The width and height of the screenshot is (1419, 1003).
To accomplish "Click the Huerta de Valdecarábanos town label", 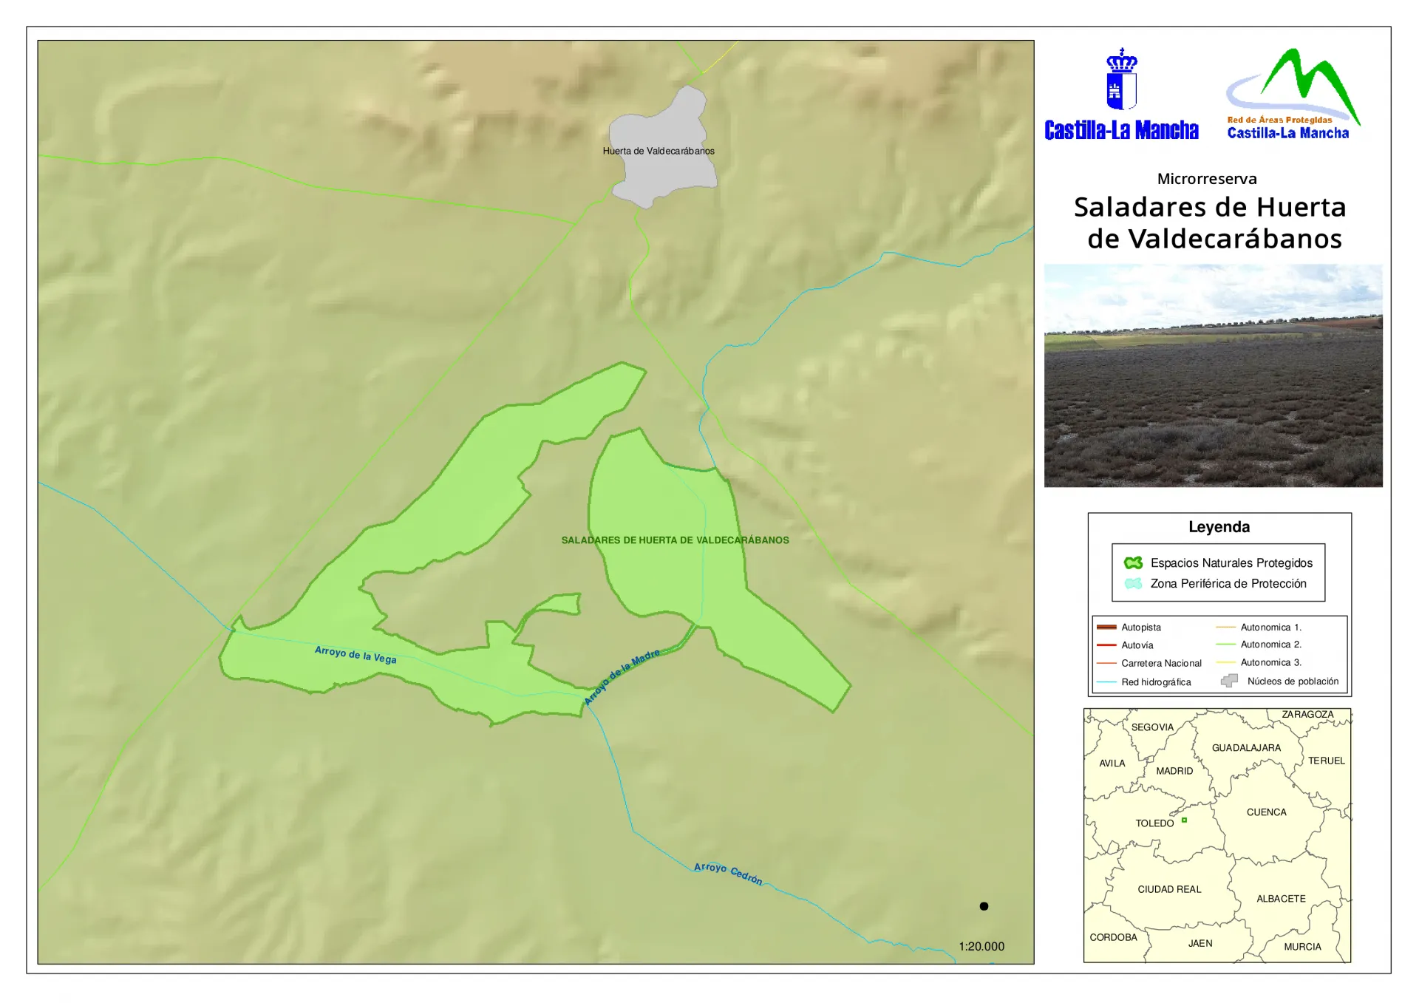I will pos(658,151).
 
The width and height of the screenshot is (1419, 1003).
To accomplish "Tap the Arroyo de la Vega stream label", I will pos(355,654).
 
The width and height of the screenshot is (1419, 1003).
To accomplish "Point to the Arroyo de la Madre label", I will pos(622,677).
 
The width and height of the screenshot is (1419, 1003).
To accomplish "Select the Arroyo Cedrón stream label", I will pos(727,873).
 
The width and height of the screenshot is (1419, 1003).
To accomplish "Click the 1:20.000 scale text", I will pos(981,946).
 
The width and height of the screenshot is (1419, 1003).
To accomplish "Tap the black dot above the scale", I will pos(984,906).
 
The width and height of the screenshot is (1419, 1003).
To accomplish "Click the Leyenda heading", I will pos(1219,527).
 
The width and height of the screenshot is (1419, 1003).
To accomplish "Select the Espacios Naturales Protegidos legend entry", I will pos(1231,563).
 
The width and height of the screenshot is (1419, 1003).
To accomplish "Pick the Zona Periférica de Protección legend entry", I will pos(1228,584).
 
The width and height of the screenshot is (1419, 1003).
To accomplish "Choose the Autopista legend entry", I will pos(1140,628).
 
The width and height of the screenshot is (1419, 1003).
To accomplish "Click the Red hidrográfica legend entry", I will pos(1155,682).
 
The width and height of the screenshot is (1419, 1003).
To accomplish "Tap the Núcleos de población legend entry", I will pos(1292,681).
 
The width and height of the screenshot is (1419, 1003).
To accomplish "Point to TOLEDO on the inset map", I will pos(1154,823).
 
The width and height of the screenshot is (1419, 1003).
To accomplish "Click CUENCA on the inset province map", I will pos(1266,812).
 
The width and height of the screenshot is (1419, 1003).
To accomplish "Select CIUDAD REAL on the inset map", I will pos(1169,889).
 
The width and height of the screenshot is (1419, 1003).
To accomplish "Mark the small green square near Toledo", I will pos(1184,820).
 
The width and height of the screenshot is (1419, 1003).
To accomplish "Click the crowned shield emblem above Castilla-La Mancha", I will pos(1121,80).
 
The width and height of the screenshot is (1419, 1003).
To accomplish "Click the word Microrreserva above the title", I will pos(1207,179).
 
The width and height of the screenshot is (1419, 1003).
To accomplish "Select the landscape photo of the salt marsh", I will pos(1213,375).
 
